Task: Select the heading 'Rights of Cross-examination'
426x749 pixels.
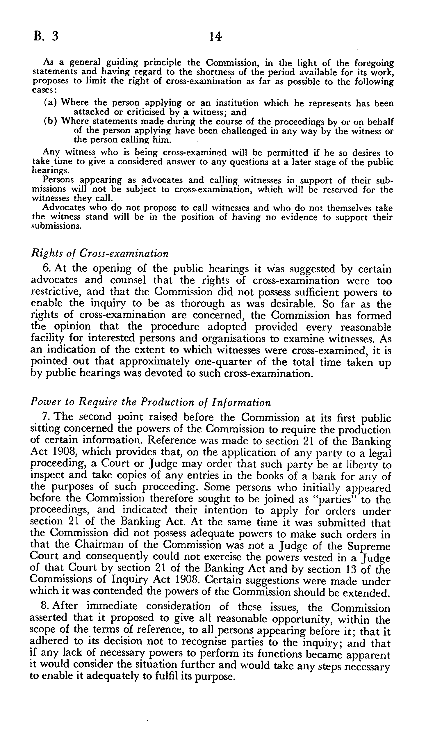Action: click(100, 253)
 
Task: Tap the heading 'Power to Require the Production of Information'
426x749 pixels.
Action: click(151, 402)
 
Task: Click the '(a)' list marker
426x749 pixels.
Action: click(50, 103)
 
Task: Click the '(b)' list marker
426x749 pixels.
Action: click(50, 121)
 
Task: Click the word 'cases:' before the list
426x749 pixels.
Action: click(42, 90)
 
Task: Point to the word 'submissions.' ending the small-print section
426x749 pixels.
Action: click(56, 226)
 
